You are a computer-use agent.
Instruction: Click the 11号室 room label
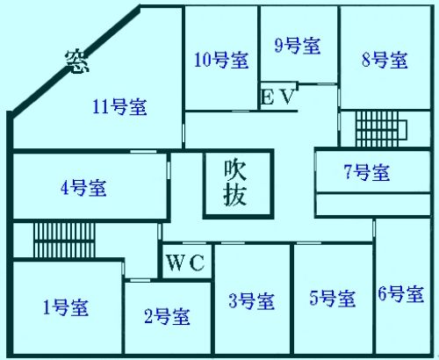point(119,107)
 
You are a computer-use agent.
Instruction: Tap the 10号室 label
point(221,60)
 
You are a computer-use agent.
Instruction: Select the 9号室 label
point(298,46)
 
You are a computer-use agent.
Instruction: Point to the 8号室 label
point(385,60)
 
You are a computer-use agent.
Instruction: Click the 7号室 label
point(367,172)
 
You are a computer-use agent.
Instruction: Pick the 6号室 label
point(401,293)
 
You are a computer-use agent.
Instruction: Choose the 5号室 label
point(333,299)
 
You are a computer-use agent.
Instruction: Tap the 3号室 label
point(252,301)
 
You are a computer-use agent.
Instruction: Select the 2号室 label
point(167,316)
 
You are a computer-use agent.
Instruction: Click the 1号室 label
point(66,307)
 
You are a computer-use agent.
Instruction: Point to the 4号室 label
point(83,188)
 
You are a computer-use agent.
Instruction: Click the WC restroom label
point(185,263)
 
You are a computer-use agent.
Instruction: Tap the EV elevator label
point(277,97)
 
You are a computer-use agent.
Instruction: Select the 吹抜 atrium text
point(235,183)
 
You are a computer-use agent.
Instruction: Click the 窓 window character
point(77,62)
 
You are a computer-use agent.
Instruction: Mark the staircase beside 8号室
point(381,128)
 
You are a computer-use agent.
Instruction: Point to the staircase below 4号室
point(64,241)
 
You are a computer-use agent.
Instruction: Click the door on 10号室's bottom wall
point(241,111)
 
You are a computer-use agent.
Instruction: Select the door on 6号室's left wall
point(374,228)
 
